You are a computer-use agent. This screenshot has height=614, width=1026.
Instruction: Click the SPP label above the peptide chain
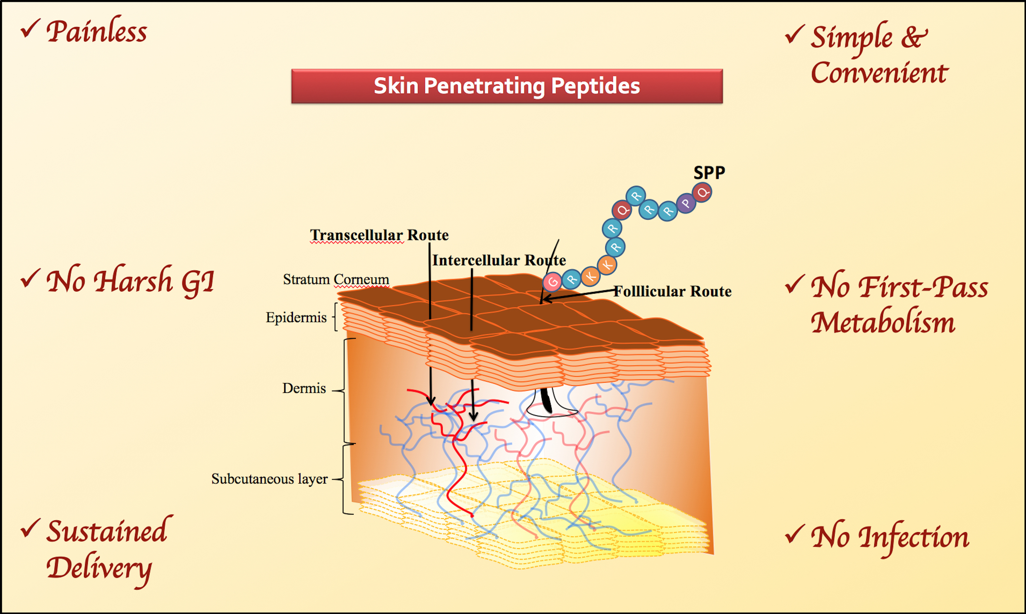[x=709, y=172]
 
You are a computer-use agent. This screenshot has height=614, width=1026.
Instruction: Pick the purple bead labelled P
[x=686, y=203]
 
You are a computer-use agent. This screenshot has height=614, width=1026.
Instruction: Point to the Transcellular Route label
[x=379, y=235]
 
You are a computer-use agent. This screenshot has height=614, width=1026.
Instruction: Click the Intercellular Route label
[x=499, y=260]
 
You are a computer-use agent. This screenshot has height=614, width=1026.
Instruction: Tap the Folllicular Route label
[x=672, y=291]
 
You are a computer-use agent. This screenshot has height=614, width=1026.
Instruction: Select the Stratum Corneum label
[x=336, y=279]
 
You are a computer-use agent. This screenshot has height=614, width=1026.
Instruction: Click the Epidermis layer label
[x=296, y=317]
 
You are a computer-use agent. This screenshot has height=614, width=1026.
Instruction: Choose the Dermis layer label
[x=304, y=388]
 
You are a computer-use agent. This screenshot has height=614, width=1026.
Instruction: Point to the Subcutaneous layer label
[x=269, y=479]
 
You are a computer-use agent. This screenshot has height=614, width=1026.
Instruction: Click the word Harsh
[x=132, y=281]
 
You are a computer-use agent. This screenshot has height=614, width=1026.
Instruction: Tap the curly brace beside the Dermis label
[x=347, y=391]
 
